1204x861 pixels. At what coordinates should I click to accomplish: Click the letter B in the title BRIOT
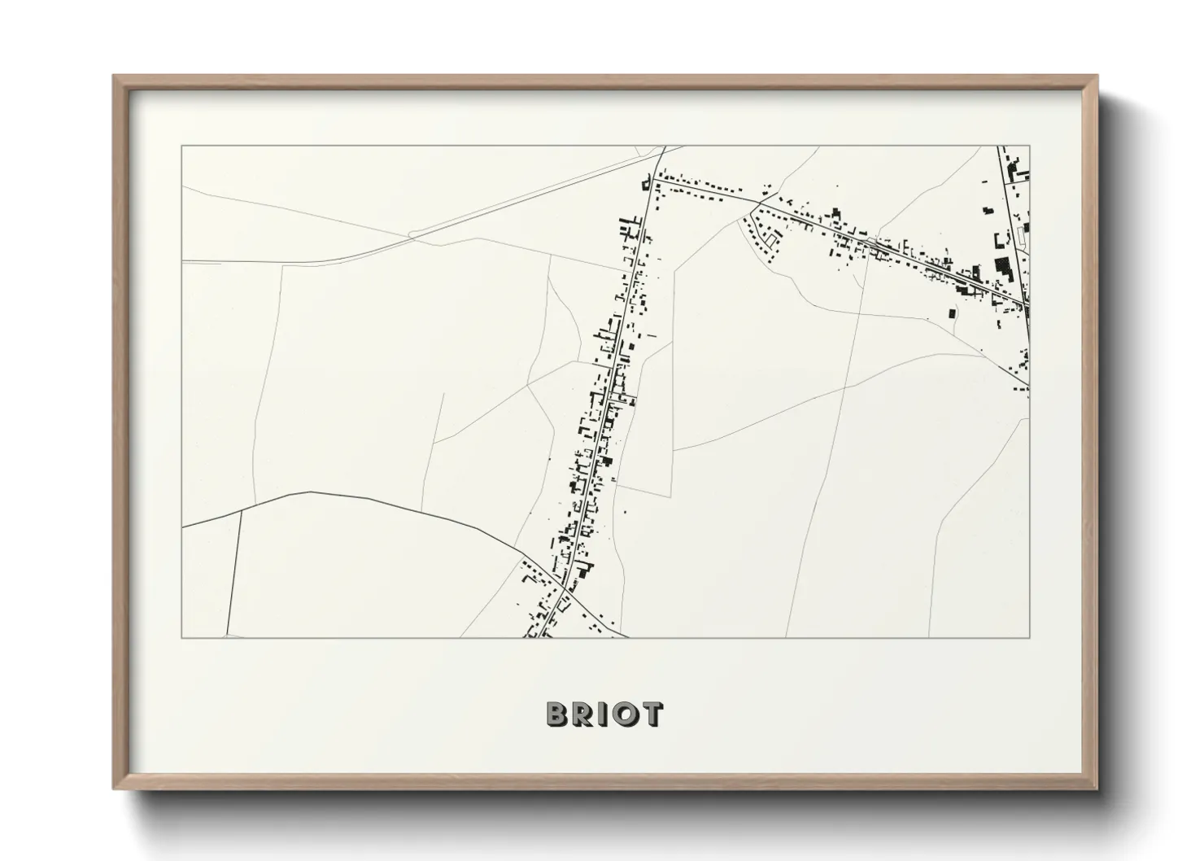tap(557, 714)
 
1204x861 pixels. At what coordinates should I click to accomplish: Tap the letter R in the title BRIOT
tap(582, 714)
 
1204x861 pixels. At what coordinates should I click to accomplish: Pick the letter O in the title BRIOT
tap(624, 714)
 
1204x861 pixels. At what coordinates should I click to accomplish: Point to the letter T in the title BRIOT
tap(651, 714)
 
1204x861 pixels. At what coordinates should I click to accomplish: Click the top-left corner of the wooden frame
tap(114, 76)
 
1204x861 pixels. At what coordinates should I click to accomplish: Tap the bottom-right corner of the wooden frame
tap(1097, 789)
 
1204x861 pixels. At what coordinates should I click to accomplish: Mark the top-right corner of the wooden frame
tap(1097, 76)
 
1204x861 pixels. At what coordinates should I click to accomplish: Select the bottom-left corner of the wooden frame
tap(114, 789)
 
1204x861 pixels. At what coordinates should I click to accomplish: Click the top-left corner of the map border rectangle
tap(181, 146)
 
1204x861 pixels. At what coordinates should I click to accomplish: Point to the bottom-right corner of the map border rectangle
tap(1030, 637)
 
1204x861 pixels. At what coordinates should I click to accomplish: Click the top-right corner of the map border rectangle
tap(1030, 146)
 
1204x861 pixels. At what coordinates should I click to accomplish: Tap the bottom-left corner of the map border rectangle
tap(181, 637)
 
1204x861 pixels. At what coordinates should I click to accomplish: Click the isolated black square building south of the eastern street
tap(950, 311)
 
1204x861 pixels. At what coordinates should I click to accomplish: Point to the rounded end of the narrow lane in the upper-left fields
tap(412, 234)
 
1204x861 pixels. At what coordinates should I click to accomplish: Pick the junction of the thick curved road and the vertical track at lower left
tap(241, 511)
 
